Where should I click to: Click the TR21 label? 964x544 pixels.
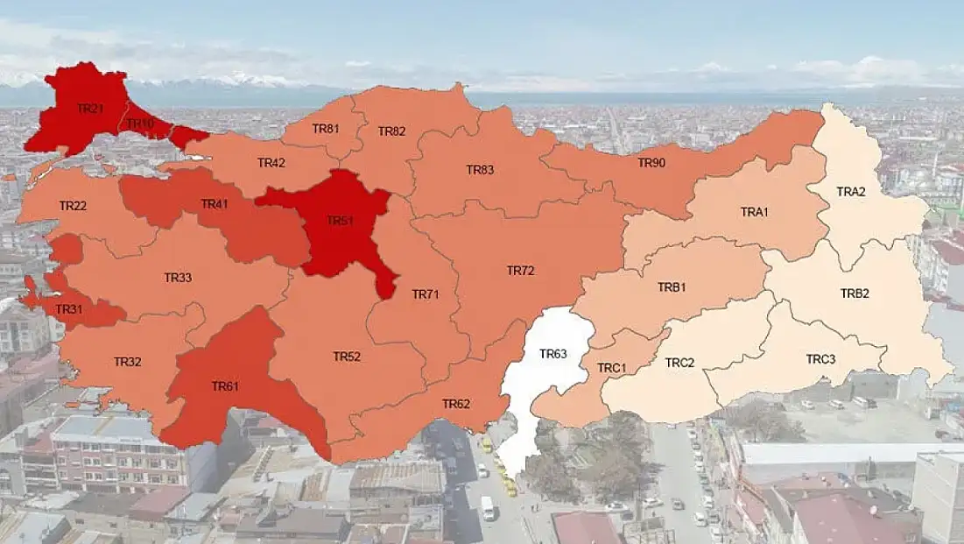90,109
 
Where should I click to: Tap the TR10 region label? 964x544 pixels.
140,124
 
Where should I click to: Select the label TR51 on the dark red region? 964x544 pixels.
340,221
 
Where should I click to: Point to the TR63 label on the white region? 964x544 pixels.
553,354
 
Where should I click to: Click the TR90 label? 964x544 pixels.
651,163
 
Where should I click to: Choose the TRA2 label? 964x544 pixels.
850,192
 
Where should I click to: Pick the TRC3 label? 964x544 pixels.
820,359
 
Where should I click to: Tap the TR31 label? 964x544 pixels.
69,309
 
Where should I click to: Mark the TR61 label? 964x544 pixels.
225,385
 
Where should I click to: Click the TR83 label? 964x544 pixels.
480,169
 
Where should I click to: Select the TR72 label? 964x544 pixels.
520,271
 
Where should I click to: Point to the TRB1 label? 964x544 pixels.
672,287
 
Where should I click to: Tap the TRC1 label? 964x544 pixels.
611,368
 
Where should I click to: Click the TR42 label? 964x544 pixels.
271,163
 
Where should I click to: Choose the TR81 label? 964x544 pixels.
326,129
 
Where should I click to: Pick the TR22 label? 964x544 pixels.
73,206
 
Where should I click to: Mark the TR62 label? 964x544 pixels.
456,404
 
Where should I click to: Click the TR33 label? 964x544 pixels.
178,278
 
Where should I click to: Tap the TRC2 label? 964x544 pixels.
679,362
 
